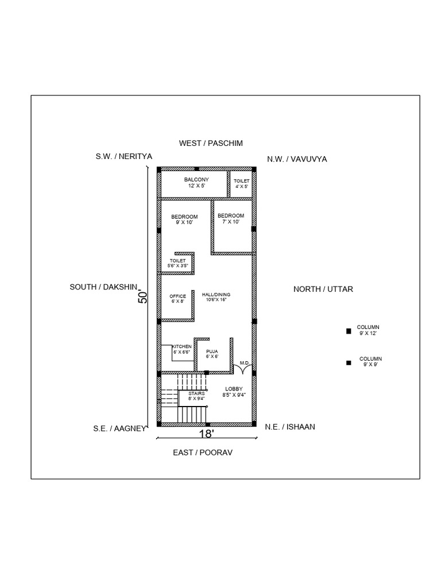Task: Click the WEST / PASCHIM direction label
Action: point(211,142)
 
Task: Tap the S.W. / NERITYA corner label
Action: point(123,156)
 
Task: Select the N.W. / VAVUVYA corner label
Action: point(297,159)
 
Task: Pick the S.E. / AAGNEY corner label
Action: point(121,428)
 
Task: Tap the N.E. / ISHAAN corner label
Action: point(290,427)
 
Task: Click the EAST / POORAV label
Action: point(203,452)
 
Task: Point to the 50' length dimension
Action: point(144,296)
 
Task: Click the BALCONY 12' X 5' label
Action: point(196,183)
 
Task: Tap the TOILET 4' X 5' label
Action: point(241,183)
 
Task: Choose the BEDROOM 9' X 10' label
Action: point(184,219)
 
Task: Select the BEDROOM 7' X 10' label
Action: point(231,219)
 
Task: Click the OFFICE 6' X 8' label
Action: point(177,299)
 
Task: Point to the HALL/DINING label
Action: point(216,297)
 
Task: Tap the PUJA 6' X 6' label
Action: point(212,353)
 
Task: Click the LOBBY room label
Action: point(234,392)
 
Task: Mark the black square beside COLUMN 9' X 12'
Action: point(348,331)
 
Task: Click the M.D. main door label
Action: point(244,363)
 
